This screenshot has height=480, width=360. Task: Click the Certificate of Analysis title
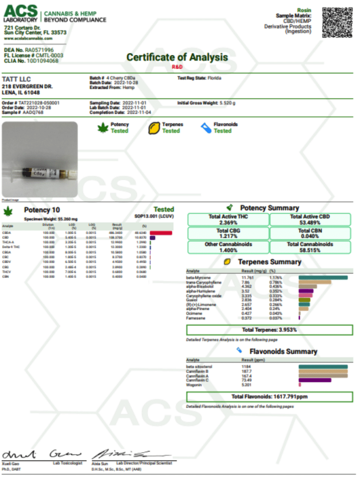tap(177, 58)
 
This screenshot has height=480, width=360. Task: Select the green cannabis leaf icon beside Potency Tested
tap(103, 128)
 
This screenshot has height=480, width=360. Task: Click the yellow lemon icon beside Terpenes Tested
tap(154, 128)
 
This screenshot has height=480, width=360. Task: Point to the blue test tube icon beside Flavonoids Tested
tap(206, 128)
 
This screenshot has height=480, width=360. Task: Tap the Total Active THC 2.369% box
tap(228, 219)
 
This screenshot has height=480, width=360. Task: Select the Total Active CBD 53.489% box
tap(310, 219)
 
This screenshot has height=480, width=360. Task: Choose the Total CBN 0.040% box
tap(310, 233)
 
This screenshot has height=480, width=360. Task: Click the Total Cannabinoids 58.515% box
tap(310, 247)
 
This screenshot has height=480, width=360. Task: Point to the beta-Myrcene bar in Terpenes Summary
tap(323, 278)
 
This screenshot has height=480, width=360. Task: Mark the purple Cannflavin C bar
tap(315, 380)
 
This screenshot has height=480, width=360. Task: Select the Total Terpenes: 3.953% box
tap(269, 330)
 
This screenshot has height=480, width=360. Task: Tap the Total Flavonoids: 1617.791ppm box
tap(269, 397)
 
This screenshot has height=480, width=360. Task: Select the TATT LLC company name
tap(16, 80)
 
